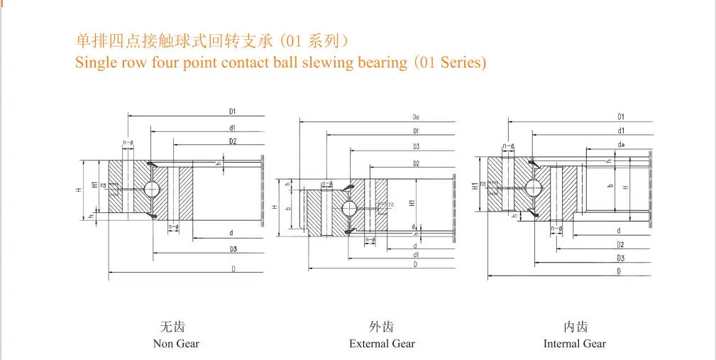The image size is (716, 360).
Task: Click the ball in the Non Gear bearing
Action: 153,189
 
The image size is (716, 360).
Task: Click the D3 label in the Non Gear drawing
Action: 233,249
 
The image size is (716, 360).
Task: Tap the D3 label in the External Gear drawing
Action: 416,147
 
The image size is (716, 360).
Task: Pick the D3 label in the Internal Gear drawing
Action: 621,258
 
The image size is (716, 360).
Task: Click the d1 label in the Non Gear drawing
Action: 233,128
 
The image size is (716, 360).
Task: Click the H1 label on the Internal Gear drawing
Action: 474,186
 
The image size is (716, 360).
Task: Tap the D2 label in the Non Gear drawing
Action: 233,141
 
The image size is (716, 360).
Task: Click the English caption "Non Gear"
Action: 176,344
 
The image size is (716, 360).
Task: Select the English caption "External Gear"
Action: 382,344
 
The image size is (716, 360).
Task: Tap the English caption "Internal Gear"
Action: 575,344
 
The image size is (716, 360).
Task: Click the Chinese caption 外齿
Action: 382,327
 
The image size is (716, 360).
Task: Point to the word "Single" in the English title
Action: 94,62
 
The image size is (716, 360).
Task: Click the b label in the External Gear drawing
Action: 287,209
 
